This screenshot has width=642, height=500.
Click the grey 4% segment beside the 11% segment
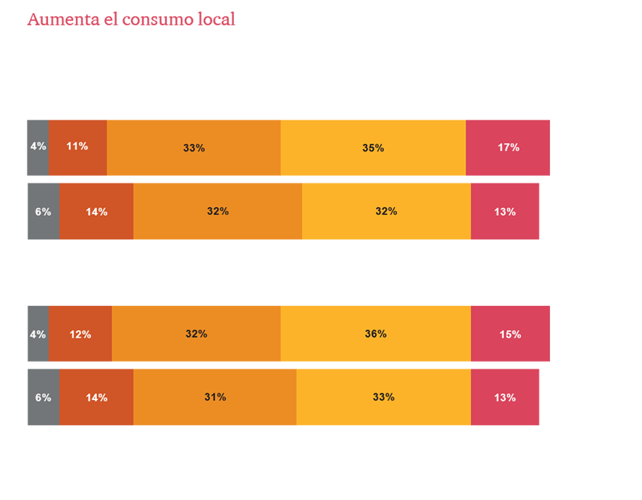pos(37,146)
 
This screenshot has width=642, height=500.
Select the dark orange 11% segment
pos(78,146)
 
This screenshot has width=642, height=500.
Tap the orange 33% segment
pos(193,147)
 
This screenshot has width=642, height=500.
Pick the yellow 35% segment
pos(372,147)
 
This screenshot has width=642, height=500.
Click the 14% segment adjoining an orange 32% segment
pos(96,212)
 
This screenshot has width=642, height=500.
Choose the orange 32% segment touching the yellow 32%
pos(217,212)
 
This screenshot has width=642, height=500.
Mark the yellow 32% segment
pos(386,212)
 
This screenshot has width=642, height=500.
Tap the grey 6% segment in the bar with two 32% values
pos(42,212)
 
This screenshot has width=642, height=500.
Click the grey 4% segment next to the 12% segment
pos(37,334)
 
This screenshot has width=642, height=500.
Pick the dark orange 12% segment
pos(80,334)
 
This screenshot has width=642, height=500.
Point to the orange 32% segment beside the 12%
pos(196,334)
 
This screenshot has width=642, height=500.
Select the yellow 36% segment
pos(375,334)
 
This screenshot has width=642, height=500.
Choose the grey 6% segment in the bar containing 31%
pos(42,397)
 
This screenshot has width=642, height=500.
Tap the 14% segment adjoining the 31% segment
pos(96,397)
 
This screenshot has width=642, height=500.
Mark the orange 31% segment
pos(214,397)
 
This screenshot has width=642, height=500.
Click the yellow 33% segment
pos(383,397)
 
